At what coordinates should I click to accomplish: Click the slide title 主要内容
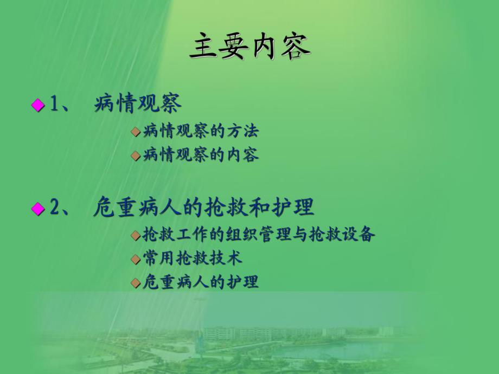pyautogui.click(x=250, y=47)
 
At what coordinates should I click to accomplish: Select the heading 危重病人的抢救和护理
pyautogui.click(x=203, y=208)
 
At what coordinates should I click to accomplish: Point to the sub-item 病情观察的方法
pyautogui.click(x=201, y=132)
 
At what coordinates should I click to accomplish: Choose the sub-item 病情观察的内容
pyautogui.click(x=201, y=156)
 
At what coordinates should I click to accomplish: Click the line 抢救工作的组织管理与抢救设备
pyautogui.click(x=259, y=235)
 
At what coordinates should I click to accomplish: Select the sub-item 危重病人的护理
pyautogui.click(x=201, y=282)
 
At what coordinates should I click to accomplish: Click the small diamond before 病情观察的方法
pyautogui.click(x=136, y=132)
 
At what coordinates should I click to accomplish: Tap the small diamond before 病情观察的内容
pyautogui.click(x=136, y=156)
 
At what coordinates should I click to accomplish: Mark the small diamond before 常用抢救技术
pyautogui.click(x=136, y=259)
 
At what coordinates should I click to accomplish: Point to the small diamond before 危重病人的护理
pyautogui.click(x=136, y=282)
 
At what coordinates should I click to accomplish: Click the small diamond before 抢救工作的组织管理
pyautogui.click(x=136, y=235)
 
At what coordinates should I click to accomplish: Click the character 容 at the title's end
pyautogui.click(x=296, y=47)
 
